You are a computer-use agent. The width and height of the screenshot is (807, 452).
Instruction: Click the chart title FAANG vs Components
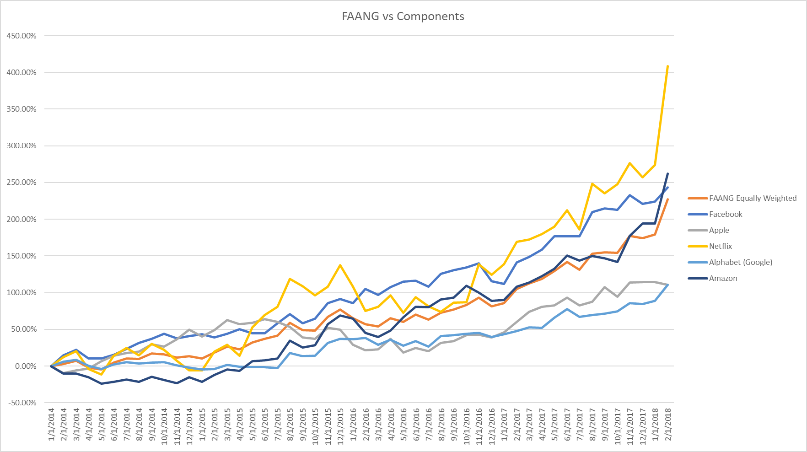point(403,16)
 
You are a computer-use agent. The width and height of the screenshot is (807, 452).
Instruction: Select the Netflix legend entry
point(720,246)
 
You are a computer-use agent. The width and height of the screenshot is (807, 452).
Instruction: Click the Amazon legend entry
point(723,278)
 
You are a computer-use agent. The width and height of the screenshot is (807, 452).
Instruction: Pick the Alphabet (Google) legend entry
point(740,262)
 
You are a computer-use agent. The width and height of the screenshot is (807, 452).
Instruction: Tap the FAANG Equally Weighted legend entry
point(753,198)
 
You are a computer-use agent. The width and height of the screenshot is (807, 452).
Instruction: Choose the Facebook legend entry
point(726,214)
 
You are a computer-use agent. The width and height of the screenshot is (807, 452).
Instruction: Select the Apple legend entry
point(719,230)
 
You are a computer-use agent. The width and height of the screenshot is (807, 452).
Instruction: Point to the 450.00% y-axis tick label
point(22,36)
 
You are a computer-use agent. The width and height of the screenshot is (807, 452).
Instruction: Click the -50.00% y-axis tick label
point(22,403)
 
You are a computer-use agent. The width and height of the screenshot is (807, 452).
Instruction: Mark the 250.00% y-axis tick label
point(22,183)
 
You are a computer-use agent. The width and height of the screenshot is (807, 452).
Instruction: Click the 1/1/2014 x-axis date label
point(51,425)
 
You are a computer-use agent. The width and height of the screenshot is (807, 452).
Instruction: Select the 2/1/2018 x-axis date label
point(667,425)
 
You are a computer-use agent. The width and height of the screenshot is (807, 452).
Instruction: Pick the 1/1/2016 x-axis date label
point(353,425)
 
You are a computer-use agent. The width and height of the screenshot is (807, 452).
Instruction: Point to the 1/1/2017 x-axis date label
point(504,425)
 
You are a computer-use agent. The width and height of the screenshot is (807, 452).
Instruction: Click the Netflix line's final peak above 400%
point(667,66)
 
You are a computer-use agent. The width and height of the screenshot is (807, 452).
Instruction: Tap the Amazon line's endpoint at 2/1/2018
point(667,174)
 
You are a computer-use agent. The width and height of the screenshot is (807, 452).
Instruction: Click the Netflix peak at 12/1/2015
point(340,265)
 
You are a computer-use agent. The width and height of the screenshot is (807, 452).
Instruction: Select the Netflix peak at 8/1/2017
point(592,184)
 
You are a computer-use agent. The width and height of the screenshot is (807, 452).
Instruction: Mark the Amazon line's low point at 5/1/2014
point(102,383)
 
